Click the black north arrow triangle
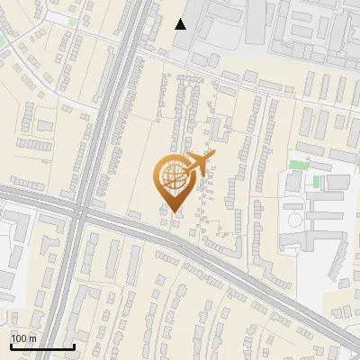(x=181, y=24)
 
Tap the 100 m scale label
(x=23, y=338)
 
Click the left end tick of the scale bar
(x=11, y=346)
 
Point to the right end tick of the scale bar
(x=74, y=346)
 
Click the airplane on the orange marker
(x=198, y=165)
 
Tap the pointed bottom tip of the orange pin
(x=174, y=212)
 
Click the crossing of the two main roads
(x=80, y=215)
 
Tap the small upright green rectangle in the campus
(x=317, y=182)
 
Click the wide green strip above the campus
(x=301, y=166)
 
